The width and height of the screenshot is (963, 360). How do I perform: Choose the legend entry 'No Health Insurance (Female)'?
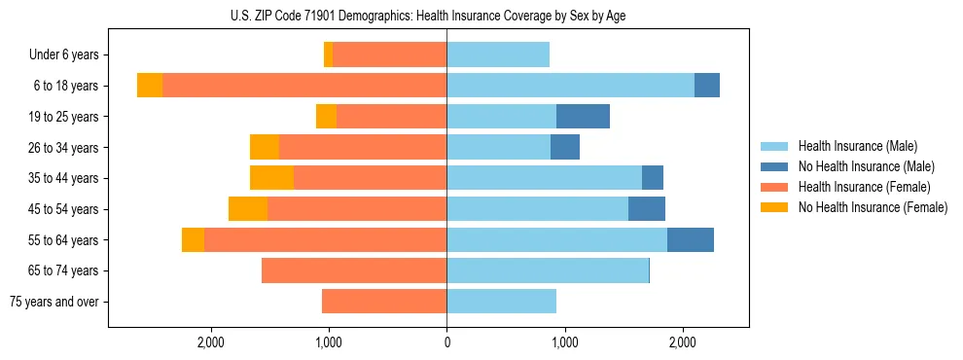[873, 207]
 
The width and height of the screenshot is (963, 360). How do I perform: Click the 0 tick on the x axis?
[446, 342]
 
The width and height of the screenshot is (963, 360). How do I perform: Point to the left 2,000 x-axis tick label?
[211, 342]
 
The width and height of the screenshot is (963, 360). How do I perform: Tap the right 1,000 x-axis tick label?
[565, 342]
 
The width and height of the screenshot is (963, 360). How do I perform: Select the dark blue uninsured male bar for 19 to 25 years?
[583, 117]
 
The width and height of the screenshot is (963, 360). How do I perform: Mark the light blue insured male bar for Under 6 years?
[498, 54]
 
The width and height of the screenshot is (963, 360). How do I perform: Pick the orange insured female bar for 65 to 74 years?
[354, 270]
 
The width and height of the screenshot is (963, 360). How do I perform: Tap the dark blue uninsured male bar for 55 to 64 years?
[691, 239]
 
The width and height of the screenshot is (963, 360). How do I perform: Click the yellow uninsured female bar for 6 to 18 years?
[150, 86]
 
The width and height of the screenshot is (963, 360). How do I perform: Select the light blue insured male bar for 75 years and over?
[501, 302]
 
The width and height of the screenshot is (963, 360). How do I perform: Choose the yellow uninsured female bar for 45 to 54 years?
[248, 209]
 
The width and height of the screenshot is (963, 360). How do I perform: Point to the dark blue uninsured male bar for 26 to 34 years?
[565, 147]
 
